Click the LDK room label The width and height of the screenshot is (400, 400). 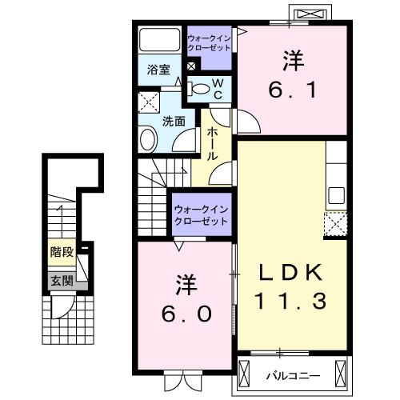tap(291, 274)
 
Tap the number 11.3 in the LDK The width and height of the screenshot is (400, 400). tap(291, 302)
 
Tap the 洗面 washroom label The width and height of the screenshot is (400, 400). tap(174, 122)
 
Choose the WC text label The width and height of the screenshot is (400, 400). tap(218, 89)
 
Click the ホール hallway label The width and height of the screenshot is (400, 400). tap(213, 144)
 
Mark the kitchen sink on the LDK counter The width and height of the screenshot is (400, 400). tap(335, 195)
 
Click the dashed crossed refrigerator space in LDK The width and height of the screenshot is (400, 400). tap(335, 224)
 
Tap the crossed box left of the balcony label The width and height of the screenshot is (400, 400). tap(250, 372)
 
